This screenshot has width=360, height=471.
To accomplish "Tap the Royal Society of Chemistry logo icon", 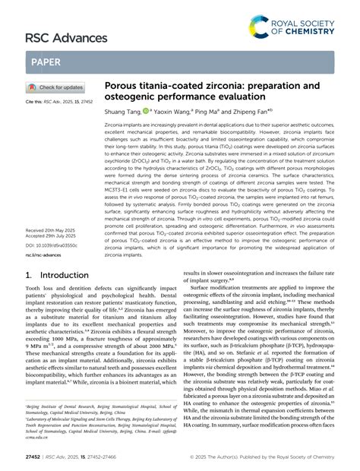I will [x=261, y=28].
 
